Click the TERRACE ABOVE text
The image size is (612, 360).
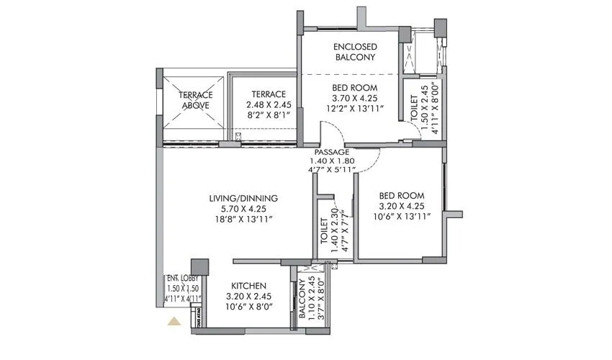coord(195,99)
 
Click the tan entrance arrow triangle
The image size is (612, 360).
coord(173,322)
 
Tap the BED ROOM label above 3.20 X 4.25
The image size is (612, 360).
coord(402,195)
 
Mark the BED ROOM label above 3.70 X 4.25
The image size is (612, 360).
coord(355,89)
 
